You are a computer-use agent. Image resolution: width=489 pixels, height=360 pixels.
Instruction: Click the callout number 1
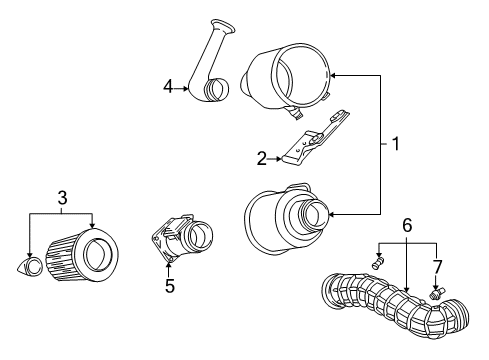[x=395, y=144]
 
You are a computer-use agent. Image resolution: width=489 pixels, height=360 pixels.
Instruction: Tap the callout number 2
[x=262, y=157]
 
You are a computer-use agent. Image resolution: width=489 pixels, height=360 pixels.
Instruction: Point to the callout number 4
[x=169, y=87]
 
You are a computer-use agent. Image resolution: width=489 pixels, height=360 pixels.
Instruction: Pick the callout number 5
[x=170, y=286]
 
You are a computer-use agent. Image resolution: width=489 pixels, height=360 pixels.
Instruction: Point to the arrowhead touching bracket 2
[x=281, y=157]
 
